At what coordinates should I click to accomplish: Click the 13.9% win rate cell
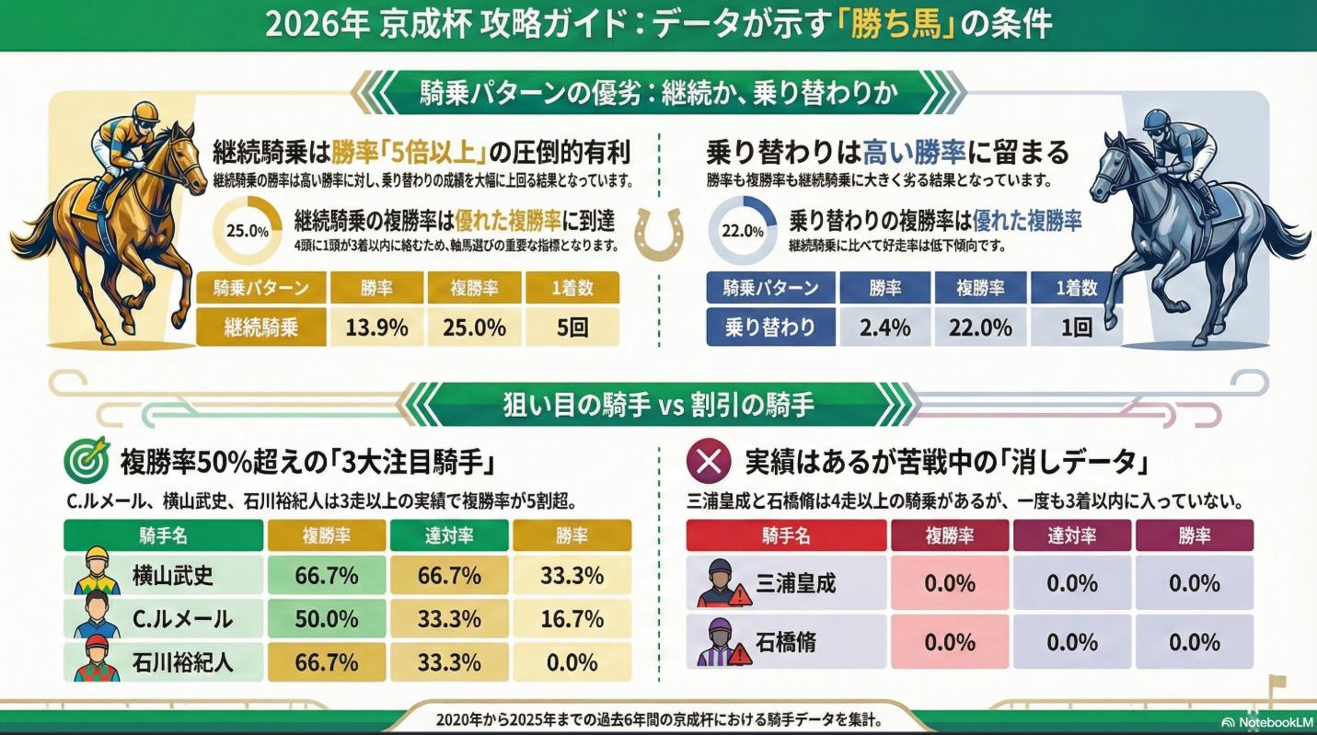pos(375,327)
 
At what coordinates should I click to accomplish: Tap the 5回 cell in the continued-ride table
pos(572,327)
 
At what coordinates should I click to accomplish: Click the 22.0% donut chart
pos(743,231)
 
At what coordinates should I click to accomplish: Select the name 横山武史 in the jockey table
pos(172,577)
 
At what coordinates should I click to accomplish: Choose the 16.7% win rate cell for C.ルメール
pos(572,619)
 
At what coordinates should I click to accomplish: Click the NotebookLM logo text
pos(1273,722)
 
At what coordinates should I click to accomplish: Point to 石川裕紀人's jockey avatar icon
pos(98,661)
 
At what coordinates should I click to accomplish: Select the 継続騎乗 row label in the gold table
pos(261,327)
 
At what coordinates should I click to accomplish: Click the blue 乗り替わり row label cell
pos(771,327)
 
